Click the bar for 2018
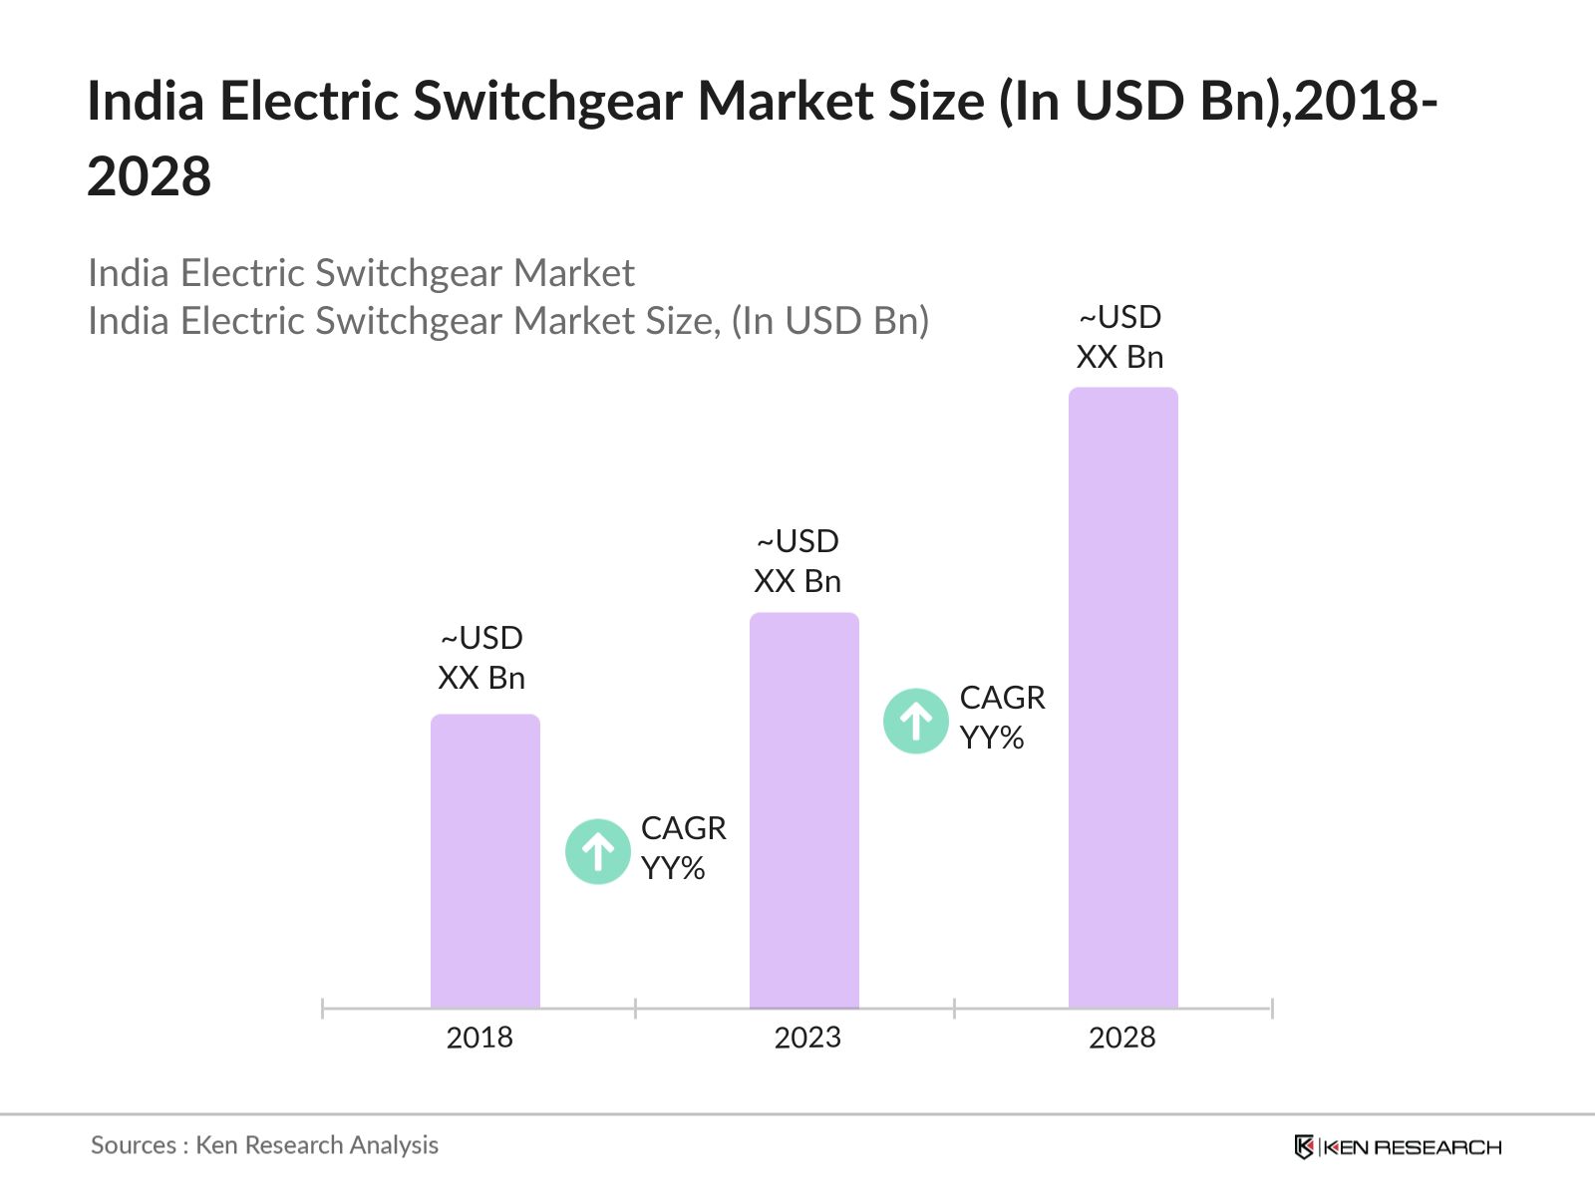(484, 861)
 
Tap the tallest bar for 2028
(1122, 698)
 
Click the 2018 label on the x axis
(479, 1038)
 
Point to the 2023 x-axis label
(807, 1038)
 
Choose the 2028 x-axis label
(1121, 1038)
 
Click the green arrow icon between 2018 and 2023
(598, 851)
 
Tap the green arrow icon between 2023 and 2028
(915, 721)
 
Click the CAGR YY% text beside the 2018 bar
(683, 848)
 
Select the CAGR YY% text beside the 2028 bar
(1002, 718)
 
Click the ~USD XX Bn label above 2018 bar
(481, 658)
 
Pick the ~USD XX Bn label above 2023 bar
(797, 561)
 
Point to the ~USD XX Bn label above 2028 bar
(1119, 337)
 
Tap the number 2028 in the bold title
(150, 177)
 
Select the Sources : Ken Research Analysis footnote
(264, 1145)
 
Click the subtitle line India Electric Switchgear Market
(361, 273)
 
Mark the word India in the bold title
(146, 102)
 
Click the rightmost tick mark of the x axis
(1272, 1009)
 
